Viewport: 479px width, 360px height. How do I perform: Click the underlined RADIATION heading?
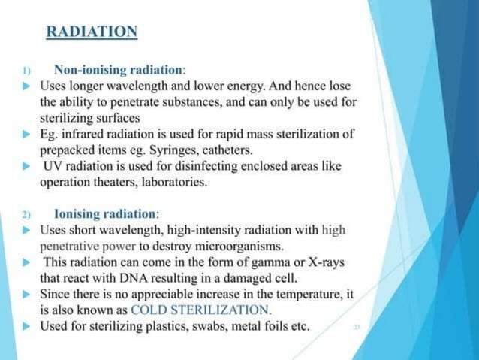coord(92,32)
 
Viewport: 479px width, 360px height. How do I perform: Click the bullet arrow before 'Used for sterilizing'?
coord(27,326)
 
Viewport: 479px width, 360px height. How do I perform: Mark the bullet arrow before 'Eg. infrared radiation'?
coord(27,135)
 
